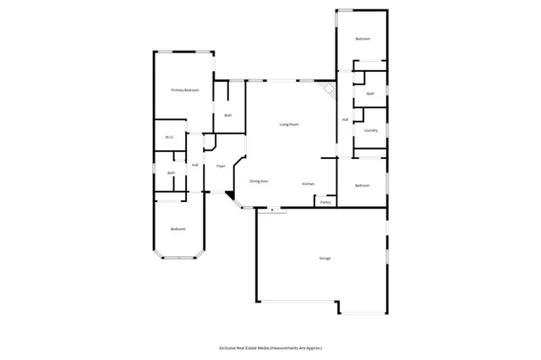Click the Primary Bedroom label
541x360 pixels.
tap(185, 90)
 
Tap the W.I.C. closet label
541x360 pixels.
tap(169, 137)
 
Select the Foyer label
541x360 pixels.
tap(221, 166)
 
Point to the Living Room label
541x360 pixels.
tap(289, 125)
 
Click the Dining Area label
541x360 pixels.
tap(259, 182)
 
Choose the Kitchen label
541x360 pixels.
tap(309, 184)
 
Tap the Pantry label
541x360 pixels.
tap(326, 202)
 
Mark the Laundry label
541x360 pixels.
tap(370, 131)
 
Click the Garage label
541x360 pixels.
tap(325, 258)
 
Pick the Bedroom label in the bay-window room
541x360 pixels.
tap(178, 229)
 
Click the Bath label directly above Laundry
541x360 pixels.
tap(370, 94)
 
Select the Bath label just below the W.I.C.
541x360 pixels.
tap(171, 173)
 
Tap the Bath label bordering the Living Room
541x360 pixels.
tap(228, 115)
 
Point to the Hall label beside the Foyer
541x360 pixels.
tap(194, 165)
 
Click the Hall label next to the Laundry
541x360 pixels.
tap(345, 120)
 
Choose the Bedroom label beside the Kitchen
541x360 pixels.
tap(363, 185)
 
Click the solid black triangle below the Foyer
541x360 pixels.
tap(229, 196)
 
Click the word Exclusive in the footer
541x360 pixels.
tap(232, 347)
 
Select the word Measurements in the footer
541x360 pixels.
tap(286, 347)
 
